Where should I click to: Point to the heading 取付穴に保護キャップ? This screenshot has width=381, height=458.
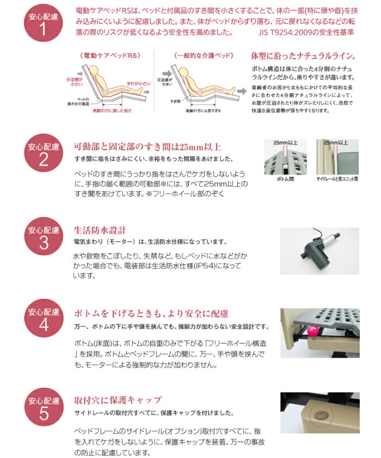118,400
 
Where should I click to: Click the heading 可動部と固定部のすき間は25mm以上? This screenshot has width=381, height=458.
147,147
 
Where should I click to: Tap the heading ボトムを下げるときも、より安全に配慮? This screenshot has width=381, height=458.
151,314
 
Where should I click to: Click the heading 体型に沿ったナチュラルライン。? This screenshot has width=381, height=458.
303,56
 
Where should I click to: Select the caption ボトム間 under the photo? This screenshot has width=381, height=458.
284,178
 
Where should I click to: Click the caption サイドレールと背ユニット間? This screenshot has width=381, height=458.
337,178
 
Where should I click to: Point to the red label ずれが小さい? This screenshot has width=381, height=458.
136,82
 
